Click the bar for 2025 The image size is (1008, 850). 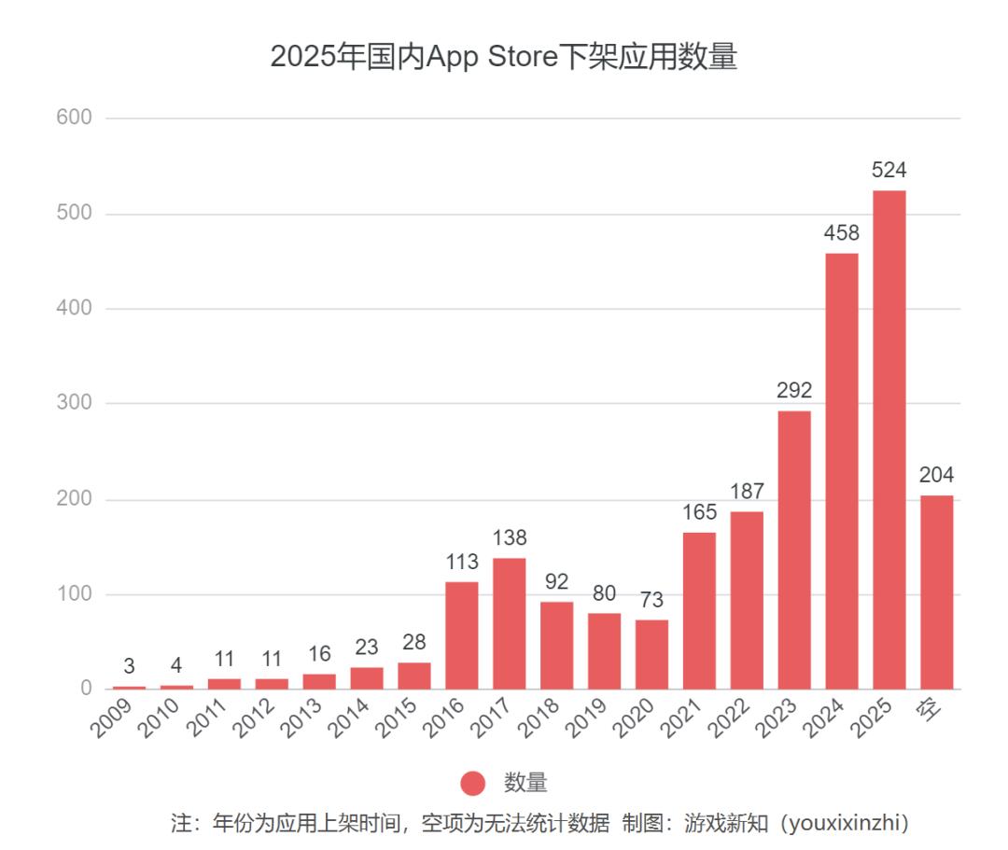[x=889, y=439]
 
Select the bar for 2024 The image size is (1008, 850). [x=842, y=471]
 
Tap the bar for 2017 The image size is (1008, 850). [x=509, y=623]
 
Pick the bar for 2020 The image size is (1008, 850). [x=651, y=654]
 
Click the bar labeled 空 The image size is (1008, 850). [x=937, y=592]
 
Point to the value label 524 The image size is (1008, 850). [x=889, y=171]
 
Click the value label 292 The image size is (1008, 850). [x=794, y=390]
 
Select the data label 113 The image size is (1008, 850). [x=461, y=562]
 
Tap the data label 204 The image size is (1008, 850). [x=936, y=475]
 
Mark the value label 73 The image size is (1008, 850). [x=651, y=600]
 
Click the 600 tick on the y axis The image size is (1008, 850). [x=74, y=118]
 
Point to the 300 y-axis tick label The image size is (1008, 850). [x=74, y=403]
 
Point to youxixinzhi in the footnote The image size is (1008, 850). [x=844, y=824]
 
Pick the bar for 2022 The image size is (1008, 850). [x=747, y=600]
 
